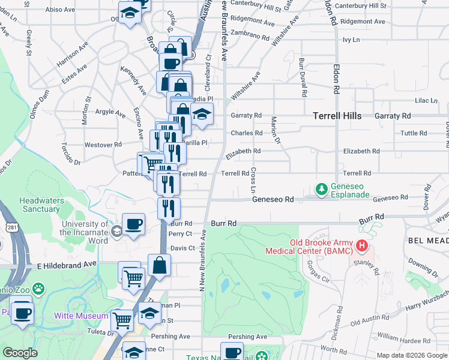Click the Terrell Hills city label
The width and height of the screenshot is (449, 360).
[337, 116]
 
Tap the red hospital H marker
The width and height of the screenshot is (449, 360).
[361, 245]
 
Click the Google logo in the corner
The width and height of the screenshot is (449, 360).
[20, 353]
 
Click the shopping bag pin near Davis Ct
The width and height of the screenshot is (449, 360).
[159, 265]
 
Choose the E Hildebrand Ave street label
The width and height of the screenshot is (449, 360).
[66, 264]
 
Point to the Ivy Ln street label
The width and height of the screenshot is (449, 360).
[351, 40]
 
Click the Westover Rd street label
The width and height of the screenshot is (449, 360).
[103, 145]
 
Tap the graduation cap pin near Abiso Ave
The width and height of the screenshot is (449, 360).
[130, 13]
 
